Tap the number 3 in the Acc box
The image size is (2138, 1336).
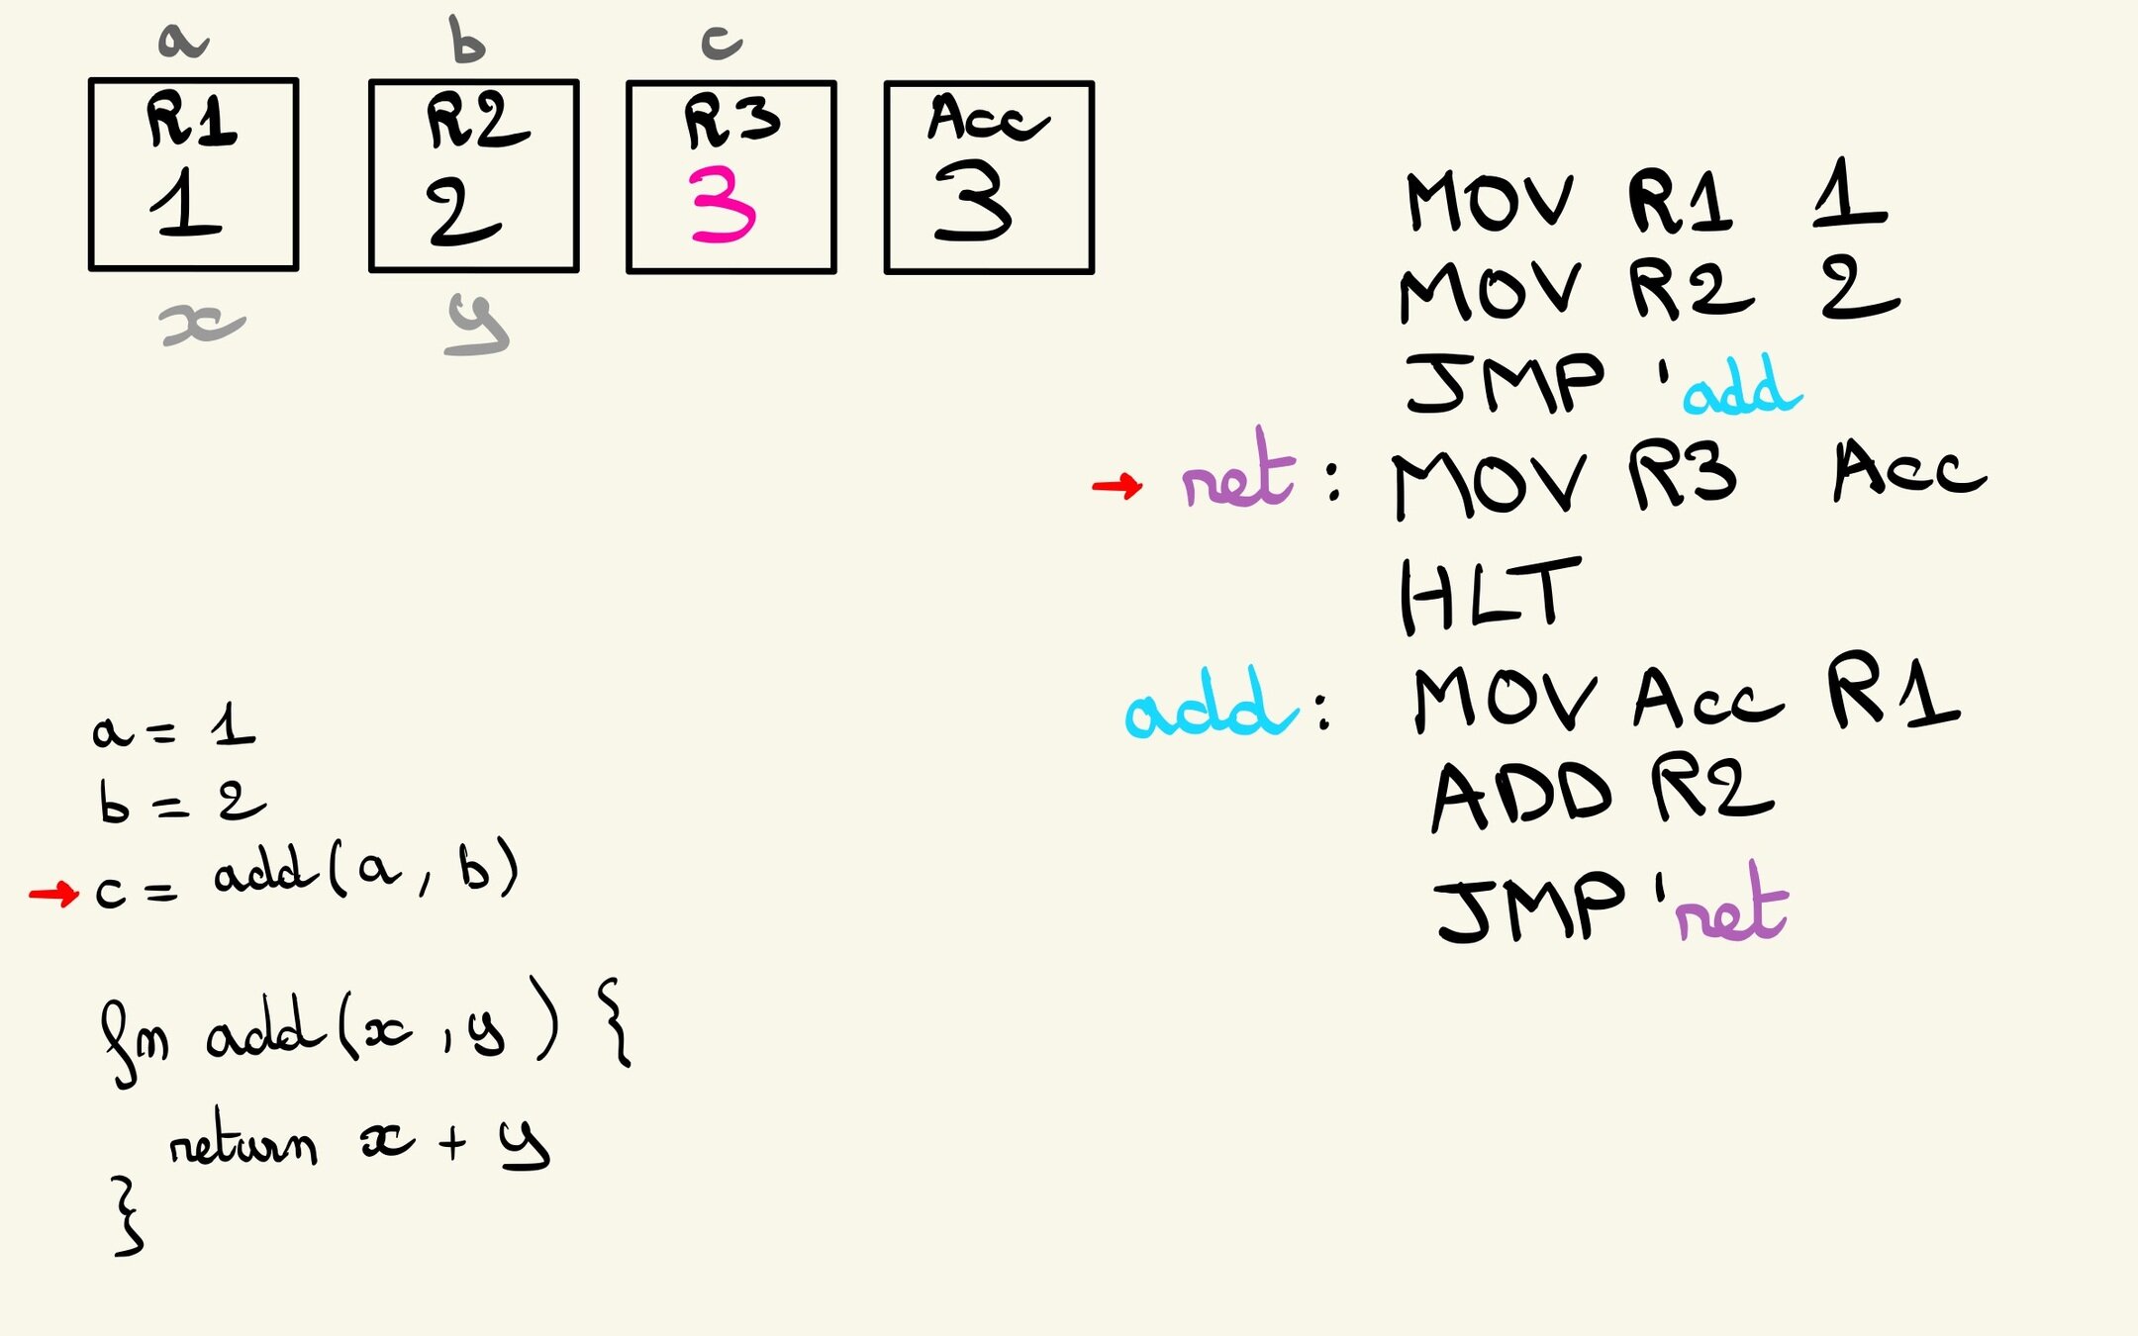pyautogui.click(x=973, y=202)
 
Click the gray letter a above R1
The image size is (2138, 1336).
pyautogui.click(x=183, y=42)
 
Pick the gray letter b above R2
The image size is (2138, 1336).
pyautogui.click(x=466, y=41)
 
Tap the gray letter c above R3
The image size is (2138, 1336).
pyautogui.click(x=722, y=43)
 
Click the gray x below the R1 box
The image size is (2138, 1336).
pyautogui.click(x=202, y=325)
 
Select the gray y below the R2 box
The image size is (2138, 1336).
pyautogui.click(x=478, y=325)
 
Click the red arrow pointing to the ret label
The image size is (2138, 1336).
pyautogui.click(x=1118, y=485)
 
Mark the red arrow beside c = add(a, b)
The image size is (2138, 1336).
pyautogui.click(x=54, y=895)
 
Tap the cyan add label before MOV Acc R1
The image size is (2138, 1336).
pyautogui.click(x=1210, y=705)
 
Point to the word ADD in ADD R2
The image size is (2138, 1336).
pyautogui.click(x=1522, y=798)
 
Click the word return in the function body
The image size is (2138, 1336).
pyautogui.click(x=243, y=1145)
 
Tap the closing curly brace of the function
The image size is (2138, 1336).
pyautogui.click(x=129, y=1217)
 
